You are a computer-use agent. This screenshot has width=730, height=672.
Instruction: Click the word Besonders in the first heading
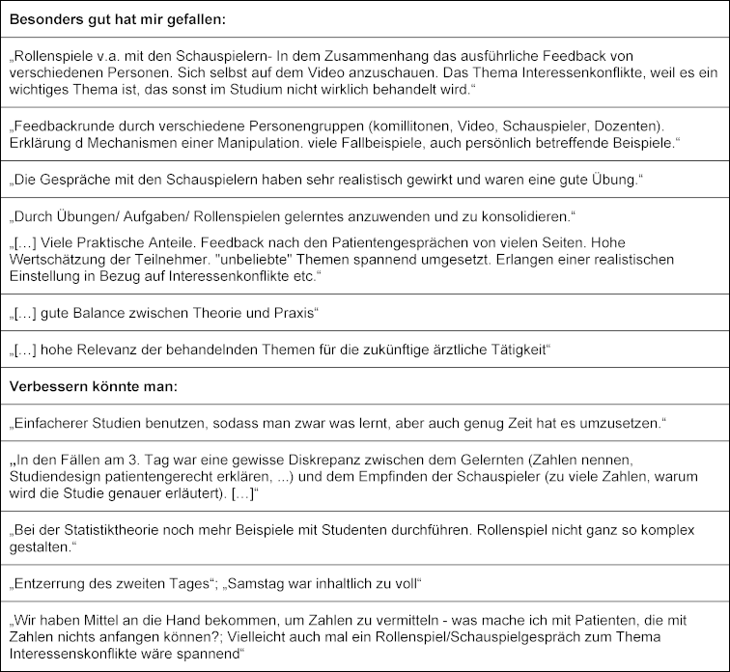coord(44,18)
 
